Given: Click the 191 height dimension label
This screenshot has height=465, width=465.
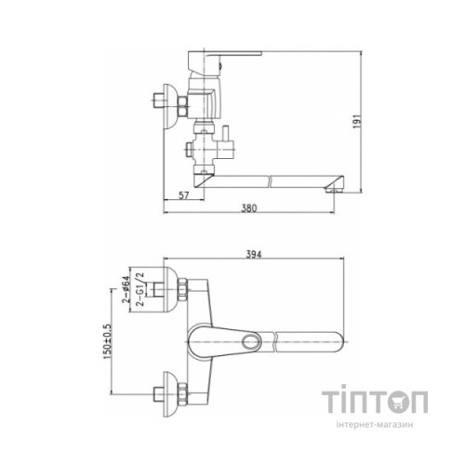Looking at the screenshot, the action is click(357, 121).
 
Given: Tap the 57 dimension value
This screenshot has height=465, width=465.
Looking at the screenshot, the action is click(184, 195).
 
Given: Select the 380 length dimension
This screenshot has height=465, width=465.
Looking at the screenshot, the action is click(249, 208).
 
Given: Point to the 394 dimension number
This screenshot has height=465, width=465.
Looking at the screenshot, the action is click(254, 255).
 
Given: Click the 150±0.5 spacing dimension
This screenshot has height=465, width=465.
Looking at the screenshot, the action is click(107, 341).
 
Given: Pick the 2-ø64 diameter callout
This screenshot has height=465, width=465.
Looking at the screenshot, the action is click(126, 289).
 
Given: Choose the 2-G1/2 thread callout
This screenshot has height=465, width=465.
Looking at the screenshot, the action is click(140, 289).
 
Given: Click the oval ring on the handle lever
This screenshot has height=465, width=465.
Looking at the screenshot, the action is click(250, 342).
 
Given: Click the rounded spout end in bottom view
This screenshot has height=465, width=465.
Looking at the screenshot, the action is click(338, 342).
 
